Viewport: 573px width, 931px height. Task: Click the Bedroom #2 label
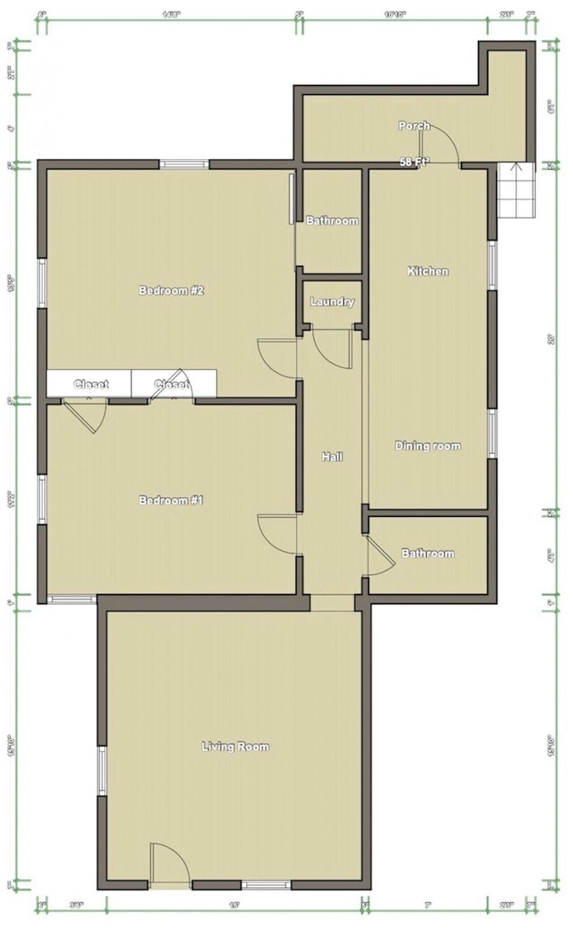tap(171, 290)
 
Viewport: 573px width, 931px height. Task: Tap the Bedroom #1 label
tap(171, 500)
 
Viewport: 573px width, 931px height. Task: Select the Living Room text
tap(235, 746)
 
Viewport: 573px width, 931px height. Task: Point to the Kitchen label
tap(427, 271)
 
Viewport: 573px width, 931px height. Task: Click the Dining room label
tap(427, 446)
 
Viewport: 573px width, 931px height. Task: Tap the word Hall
tap(332, 457)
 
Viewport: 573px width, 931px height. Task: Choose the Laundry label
tap(332, 302)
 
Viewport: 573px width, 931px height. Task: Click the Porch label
tap(414, 125)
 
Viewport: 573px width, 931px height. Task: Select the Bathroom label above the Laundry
tap(332, 221)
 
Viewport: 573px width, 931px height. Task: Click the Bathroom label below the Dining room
tap(427, 553)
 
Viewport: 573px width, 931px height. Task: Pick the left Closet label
tap(91, 384)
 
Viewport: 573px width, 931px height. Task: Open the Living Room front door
tap(170, 863)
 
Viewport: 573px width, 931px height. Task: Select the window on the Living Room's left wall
tap(102, 771)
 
